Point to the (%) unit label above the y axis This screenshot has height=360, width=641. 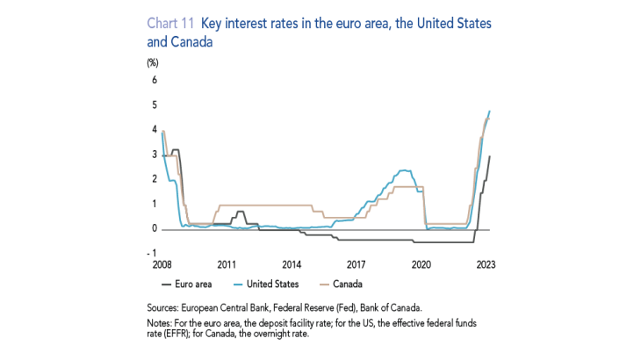[x=153, y=61]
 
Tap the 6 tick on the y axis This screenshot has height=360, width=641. [x=155, y=80]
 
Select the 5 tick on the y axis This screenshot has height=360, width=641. [x=155, y=105]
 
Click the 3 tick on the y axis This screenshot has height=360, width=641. [x=155, y=155]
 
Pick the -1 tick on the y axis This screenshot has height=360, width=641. [x=153, y=254]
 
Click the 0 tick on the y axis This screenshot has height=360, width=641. [x=155, y=229]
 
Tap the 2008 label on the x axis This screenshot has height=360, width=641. [x=163, y=263]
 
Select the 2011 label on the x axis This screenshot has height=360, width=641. [x=227, y=263]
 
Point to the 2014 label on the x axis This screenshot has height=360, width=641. [x=292, y=263]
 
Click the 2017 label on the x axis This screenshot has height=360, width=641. [x=357, y=263]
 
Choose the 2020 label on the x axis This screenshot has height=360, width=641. [x=421, y=263]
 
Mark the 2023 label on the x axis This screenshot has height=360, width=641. [x=486, y=263]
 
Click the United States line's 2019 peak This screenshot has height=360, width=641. [x=403, y=170]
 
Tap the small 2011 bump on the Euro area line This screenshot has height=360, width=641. [x=241, y=212]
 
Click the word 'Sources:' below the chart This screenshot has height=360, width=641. [x=166, y=307]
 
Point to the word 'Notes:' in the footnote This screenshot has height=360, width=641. [x=162, y=323]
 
